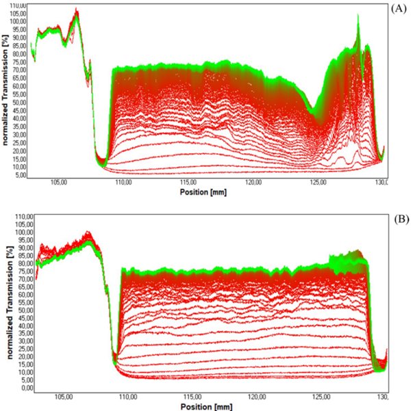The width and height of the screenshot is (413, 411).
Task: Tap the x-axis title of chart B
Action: pyautogui.click(x=205, y=405)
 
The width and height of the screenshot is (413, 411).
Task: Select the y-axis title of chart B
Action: pyautogui.click(x=5, y=304)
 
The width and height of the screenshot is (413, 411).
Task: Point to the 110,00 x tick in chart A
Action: pyautogui.click(x=124, y=183)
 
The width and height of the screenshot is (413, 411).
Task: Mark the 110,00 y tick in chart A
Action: pyautogui.click(x=18, y=5)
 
